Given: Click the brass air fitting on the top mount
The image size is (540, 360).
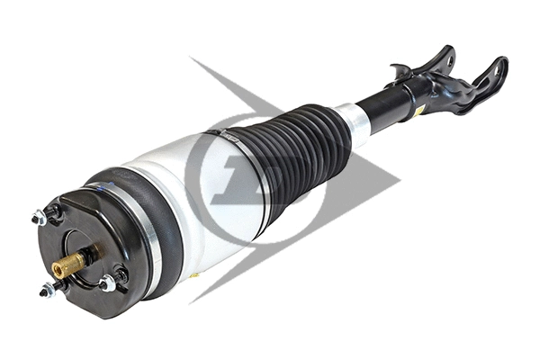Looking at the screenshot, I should [x=68, y=263].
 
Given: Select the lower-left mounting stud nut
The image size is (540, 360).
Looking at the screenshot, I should [x=47, y=289].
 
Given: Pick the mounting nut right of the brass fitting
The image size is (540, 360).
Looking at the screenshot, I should [x=107, y=283].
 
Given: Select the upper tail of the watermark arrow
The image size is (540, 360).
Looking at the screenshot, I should [x=193, y=63].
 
